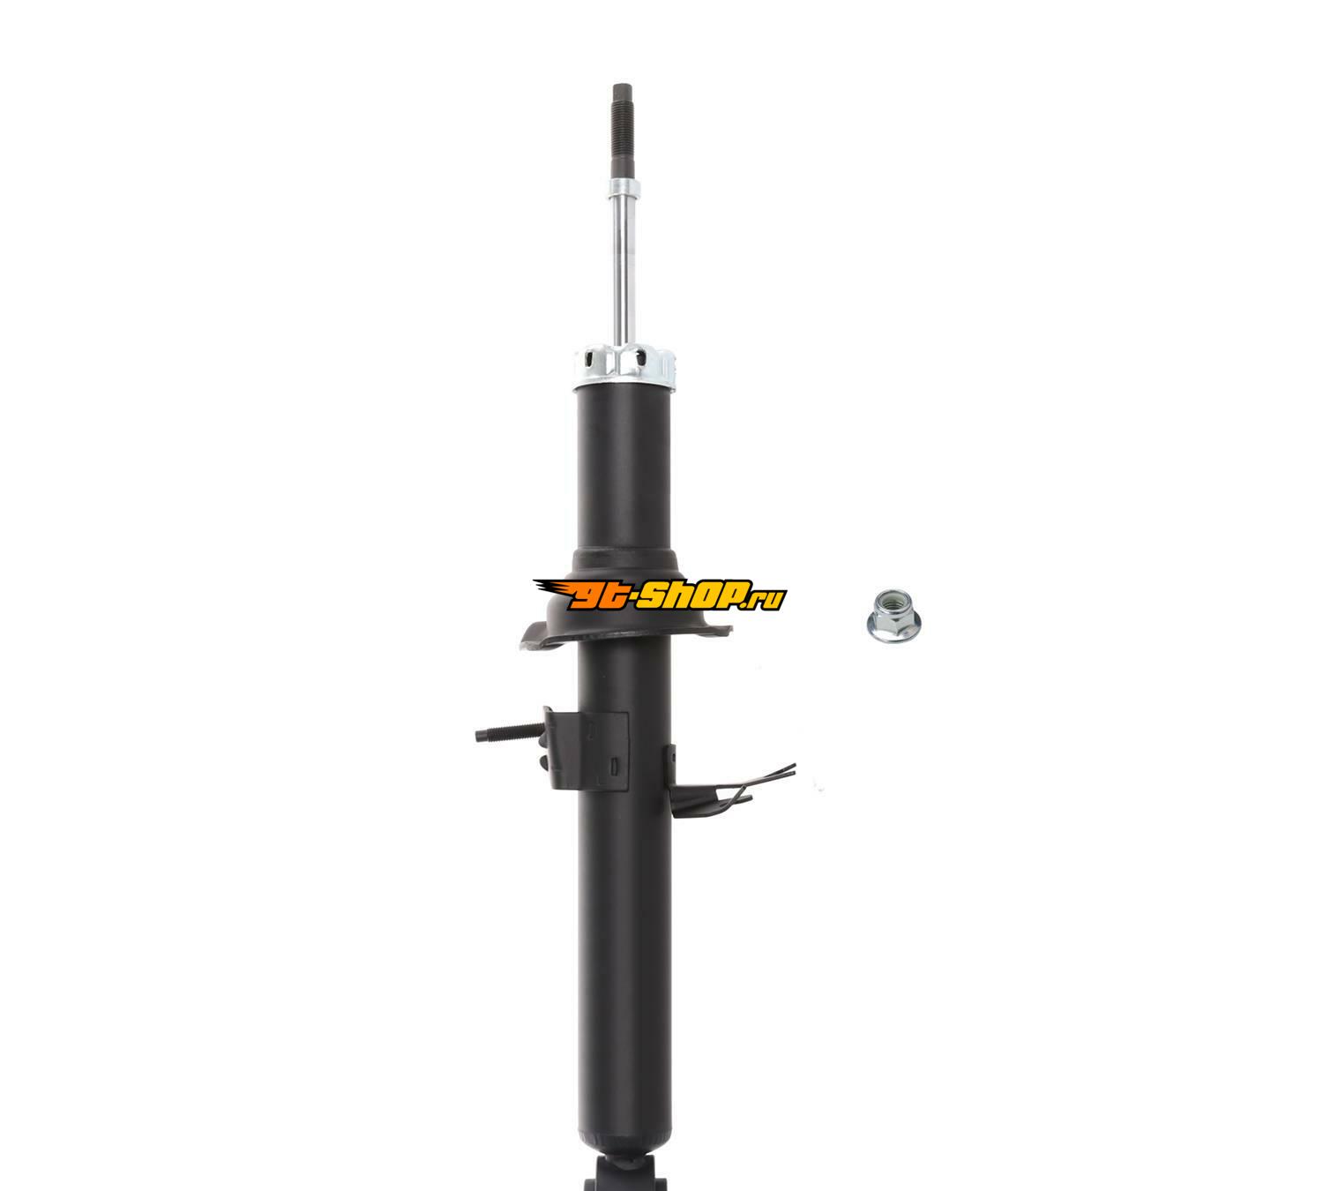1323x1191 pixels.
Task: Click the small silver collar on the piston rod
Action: point(624,190)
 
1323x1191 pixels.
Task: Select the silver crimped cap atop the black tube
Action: point(624,368)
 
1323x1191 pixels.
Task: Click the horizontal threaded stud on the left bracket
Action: point(510,731)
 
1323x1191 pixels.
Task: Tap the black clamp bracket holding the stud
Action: point(585,750)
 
